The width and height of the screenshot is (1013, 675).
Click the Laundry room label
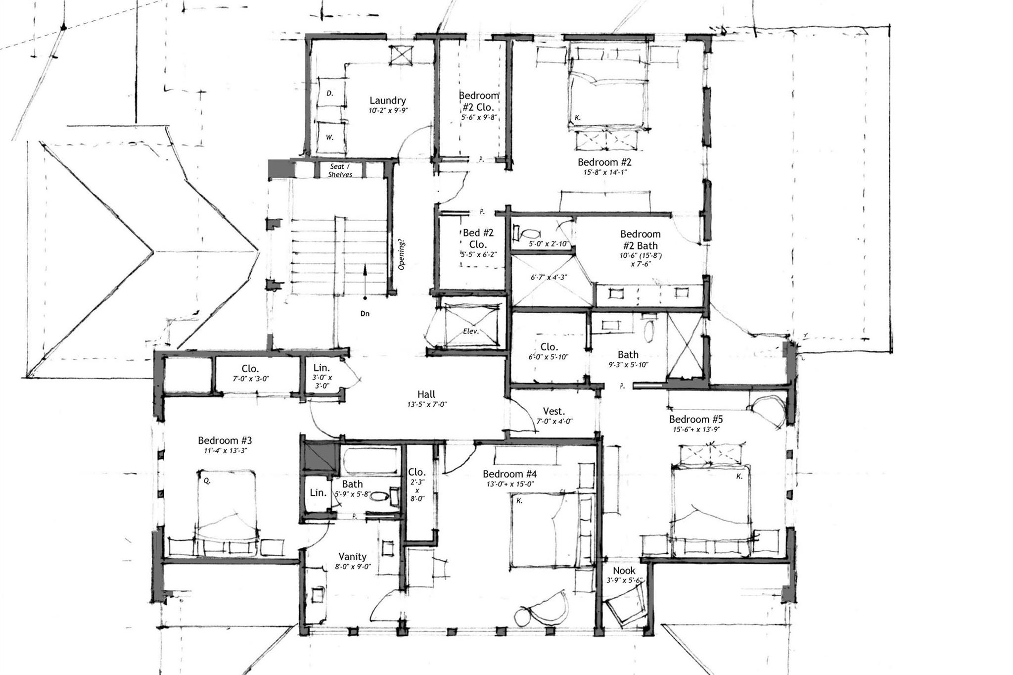[x=387, y=100]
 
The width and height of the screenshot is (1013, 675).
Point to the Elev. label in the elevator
[x=471, y=332]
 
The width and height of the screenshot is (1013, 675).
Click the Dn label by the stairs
[x=365, y=313]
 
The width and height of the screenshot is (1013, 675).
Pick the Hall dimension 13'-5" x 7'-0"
[x=426, y=404]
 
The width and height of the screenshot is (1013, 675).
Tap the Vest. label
[x=554, y=411]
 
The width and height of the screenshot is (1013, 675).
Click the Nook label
[x=624, y=571]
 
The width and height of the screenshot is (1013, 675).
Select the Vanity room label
[x=352, y=557]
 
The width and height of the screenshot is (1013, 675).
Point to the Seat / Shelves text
[x=340, y=171]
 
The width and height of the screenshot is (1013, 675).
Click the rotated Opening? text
[x=402, y=255]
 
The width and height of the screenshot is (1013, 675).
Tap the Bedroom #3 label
[x=225, y=440]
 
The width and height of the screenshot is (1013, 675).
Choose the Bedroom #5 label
[x=696, y=419]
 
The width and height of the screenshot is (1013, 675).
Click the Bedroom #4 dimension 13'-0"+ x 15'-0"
[x=510, y=484]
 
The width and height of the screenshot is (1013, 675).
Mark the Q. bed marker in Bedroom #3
[x=207, y=480]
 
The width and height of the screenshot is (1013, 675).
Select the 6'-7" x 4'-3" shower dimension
[x=549, y=278]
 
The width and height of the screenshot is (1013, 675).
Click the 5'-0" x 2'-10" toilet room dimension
[x=549, y=244]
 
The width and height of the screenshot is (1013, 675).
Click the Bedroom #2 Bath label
[x=640, y=240]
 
